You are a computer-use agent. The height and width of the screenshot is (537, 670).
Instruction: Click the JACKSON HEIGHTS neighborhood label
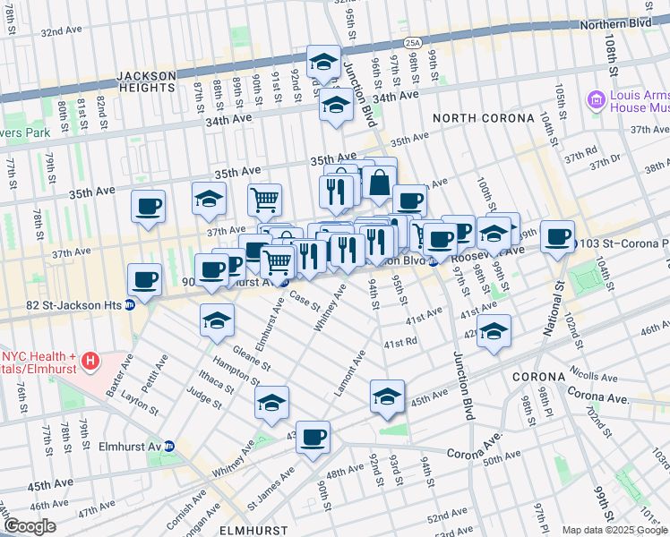(x=145, y=82)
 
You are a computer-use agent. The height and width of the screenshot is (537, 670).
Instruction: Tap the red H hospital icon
(x=90, y=362)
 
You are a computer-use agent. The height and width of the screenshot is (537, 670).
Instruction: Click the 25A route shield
(x=412, y=42)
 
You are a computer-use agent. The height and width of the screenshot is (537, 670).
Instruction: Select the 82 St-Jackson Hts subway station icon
(x=129, y=304)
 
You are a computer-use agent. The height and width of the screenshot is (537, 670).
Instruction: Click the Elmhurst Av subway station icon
(x=180, y=446)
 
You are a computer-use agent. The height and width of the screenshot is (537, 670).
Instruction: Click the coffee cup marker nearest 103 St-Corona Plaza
(x=557, y=237)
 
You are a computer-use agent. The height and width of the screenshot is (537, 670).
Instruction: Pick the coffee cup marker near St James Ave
(x=314, y=438)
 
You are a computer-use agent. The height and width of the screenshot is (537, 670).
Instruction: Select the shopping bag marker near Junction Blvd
(x=380, y=182)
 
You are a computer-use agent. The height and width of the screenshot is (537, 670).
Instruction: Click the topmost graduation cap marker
(x=323, y=63)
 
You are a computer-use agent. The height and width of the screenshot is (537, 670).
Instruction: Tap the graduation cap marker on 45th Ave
(x=387, y=396)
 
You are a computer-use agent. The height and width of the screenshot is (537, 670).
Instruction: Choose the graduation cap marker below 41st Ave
(x=494, y=331)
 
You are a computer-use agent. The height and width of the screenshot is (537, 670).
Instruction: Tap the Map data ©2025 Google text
(x=614, y=529)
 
